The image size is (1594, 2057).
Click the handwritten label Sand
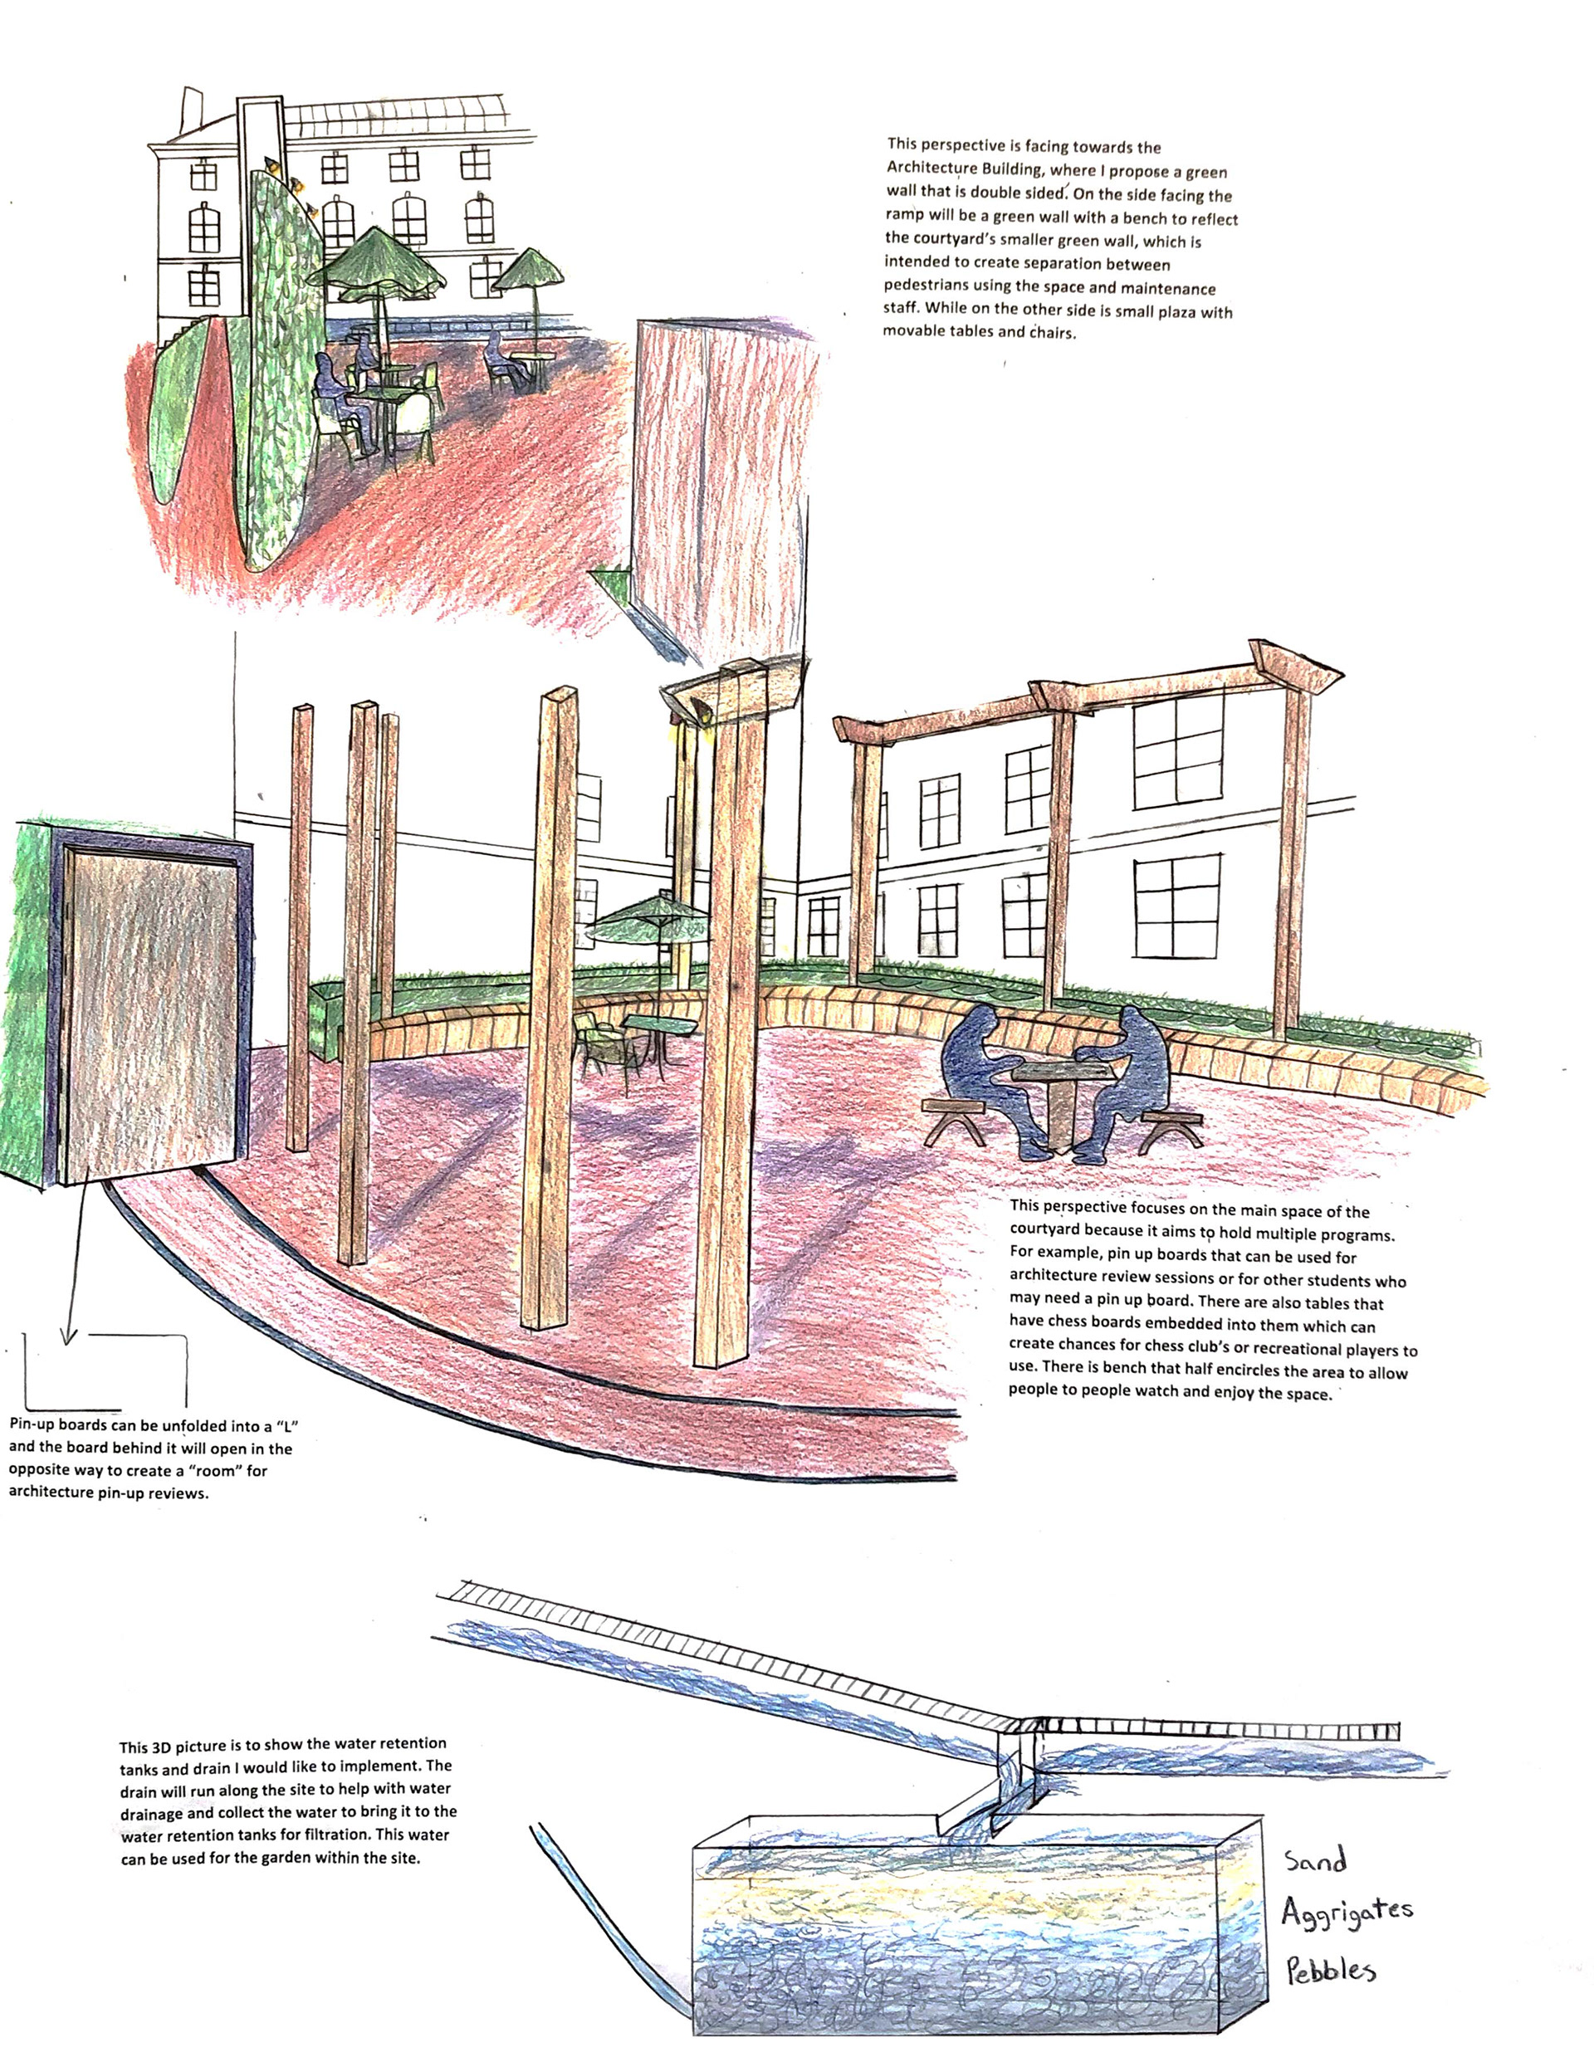1316,1861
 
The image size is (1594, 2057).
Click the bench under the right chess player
1170,1126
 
